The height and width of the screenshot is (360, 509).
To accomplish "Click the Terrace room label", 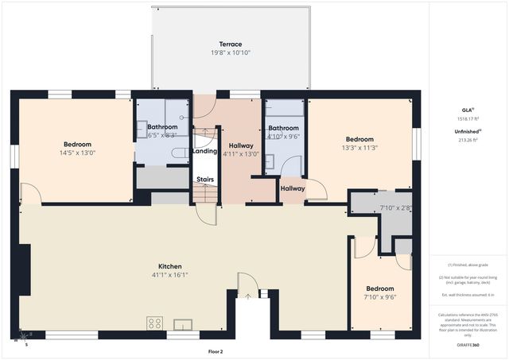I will pos(231,44).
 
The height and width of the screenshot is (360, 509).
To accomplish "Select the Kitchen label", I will pos(170,266).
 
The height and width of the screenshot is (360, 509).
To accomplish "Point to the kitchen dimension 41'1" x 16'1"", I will pos(170,275).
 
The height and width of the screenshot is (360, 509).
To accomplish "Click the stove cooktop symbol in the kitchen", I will pos(154,323).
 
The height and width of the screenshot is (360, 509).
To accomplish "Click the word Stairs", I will pos(205,180).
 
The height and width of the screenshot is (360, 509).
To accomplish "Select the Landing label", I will pos(205,151).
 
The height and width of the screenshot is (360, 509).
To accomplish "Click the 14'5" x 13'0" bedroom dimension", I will pos(76,153).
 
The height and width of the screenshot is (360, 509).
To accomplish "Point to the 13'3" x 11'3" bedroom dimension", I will pos(359,147).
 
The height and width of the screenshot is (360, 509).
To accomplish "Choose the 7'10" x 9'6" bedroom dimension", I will pos(380,296).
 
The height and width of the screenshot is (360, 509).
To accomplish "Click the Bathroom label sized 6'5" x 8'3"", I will pos(161,127).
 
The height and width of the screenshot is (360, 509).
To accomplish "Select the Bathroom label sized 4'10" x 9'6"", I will pos(283,128).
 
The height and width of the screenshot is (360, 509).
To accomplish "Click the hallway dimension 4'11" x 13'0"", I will pos(241,154).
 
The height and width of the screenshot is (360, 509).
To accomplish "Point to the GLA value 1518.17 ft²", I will pos(468,119).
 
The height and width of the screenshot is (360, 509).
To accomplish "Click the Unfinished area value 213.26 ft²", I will pos(468,139).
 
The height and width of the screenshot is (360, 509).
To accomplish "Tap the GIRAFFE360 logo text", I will pos(468,346).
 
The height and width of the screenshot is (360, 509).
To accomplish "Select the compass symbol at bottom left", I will pos(19,339).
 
